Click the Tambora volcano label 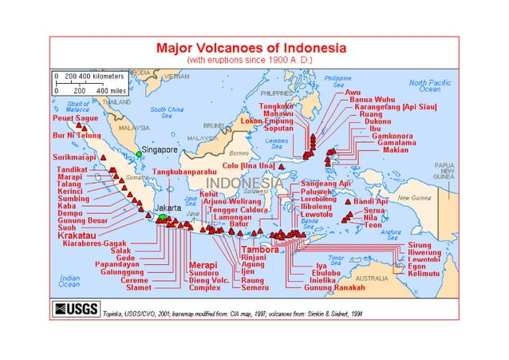point(260,250)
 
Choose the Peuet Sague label point(75,118)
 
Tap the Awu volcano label point(352,93)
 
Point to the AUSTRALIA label point(373,278)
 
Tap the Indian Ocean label point(69,280)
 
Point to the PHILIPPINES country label point(276,93)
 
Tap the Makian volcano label point(396,149)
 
